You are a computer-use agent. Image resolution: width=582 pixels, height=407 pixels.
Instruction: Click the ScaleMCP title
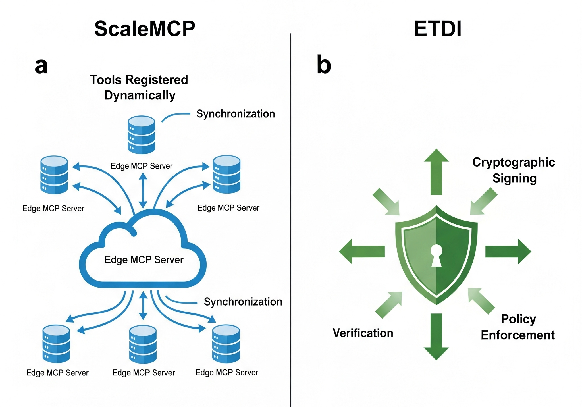[x=145, y=29]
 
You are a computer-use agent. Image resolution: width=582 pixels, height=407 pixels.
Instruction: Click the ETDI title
[x=437, y=29]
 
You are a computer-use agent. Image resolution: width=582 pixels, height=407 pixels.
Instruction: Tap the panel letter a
[x=41, y=66]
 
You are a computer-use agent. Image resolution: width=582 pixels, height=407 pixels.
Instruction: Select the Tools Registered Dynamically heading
[x=139, y=88]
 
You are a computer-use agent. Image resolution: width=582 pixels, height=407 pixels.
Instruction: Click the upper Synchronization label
[x=236, y=114]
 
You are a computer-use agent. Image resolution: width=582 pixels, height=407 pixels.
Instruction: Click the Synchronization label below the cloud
[x=243, y=302]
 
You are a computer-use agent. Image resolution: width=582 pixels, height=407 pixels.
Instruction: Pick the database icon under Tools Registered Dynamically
[x=142, y=135]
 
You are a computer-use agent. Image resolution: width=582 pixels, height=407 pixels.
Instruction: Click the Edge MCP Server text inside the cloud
[x=144, y=260]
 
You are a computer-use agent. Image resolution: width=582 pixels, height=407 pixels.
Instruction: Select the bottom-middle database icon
[x=143, y=344]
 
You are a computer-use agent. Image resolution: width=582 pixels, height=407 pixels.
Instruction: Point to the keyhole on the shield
[x=436, y=255]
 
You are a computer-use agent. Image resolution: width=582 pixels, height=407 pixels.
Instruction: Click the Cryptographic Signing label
[x=514, y=170]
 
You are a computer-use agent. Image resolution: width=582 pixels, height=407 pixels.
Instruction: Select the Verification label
[x=363, y=333]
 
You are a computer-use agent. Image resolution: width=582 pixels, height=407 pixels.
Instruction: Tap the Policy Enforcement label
[x=518, y=327]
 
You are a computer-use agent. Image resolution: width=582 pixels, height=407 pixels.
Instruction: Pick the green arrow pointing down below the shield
[x=436, y=337]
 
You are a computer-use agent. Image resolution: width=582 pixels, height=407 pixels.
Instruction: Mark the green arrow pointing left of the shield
[x=362, y=252]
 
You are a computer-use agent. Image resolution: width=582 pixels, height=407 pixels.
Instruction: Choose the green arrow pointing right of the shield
[x=508, y=252]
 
